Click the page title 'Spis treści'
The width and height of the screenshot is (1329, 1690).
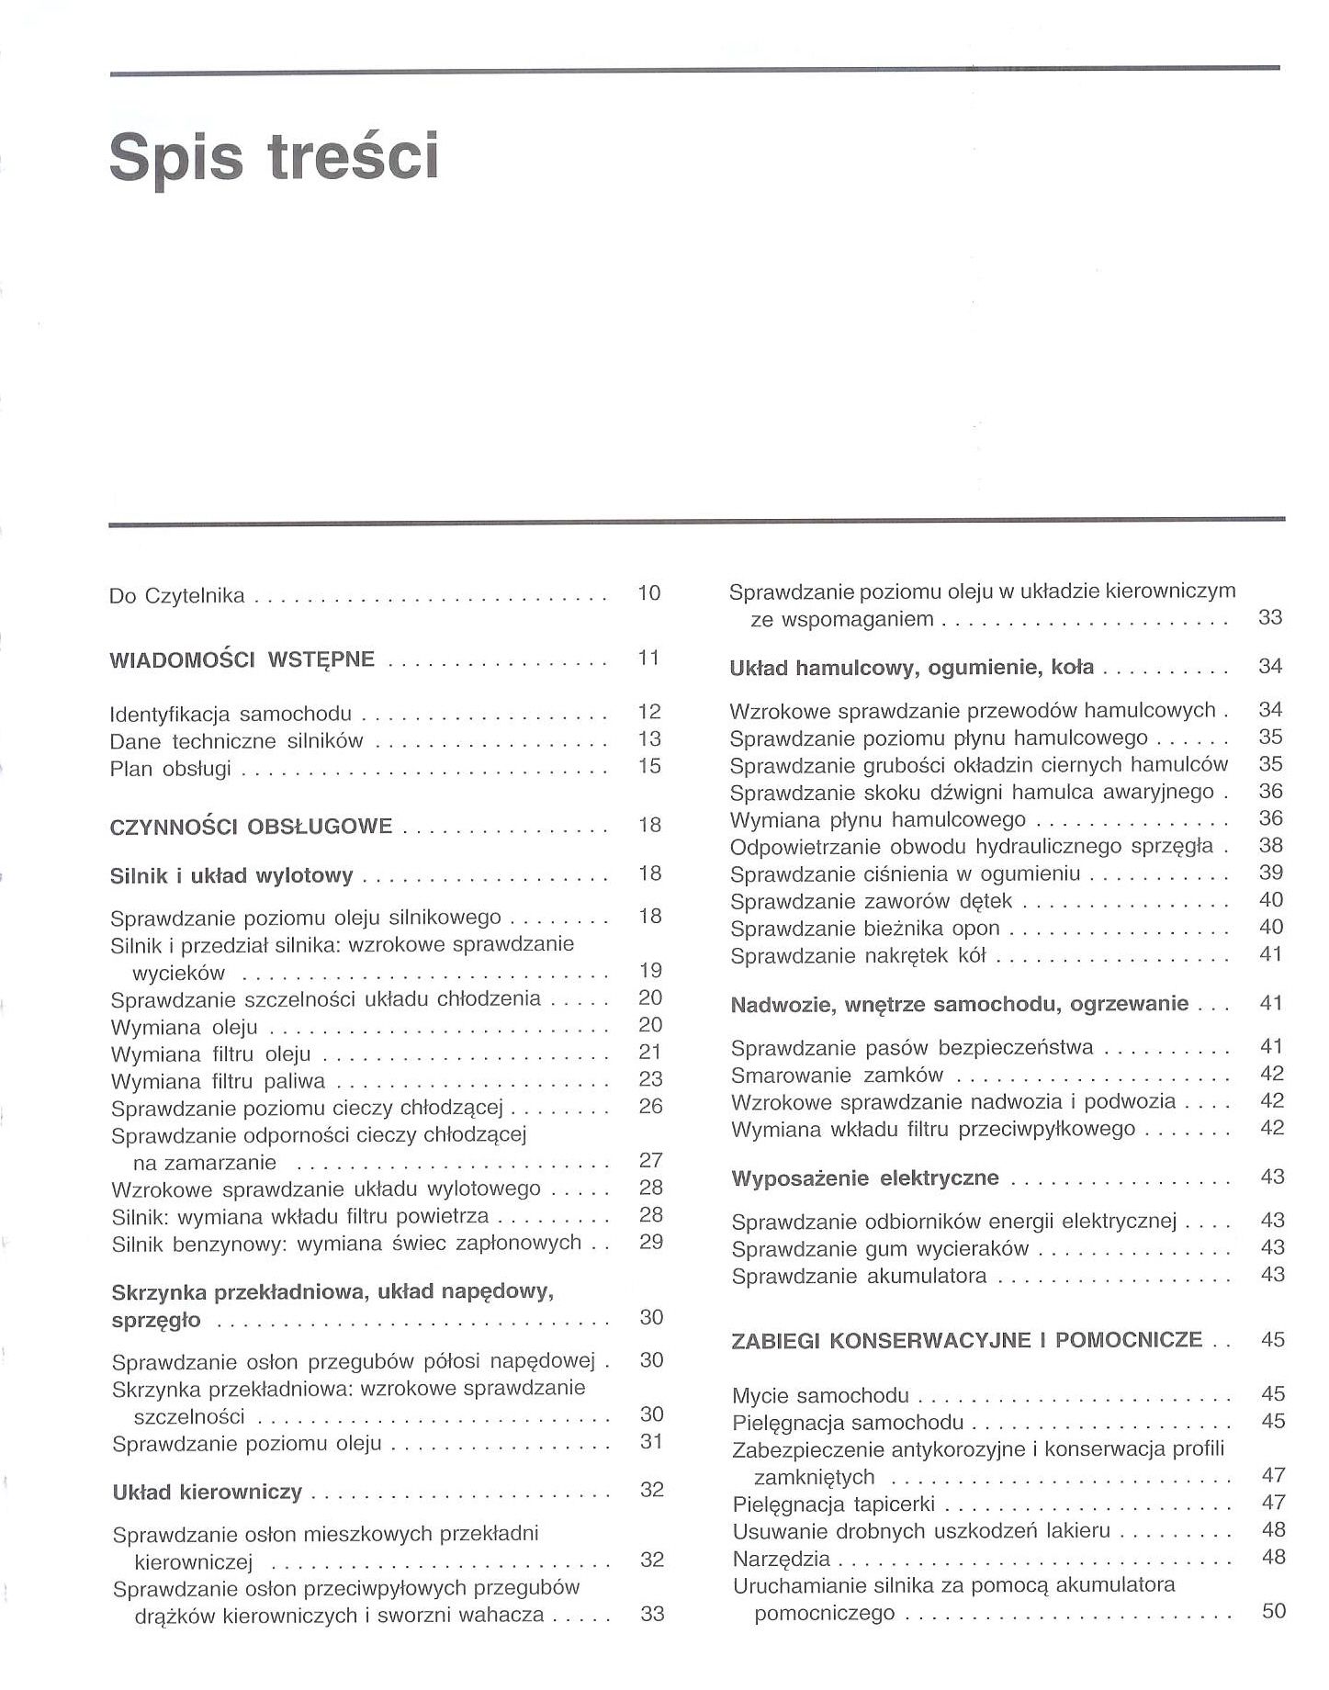coord(275,156)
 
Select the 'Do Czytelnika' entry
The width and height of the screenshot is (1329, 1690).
coord(177,595)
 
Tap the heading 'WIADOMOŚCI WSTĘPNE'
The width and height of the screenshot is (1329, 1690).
coord(242,659)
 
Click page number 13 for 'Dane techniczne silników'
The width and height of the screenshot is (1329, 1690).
coord(649,739)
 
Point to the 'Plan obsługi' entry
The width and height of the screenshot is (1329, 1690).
coord(170,769)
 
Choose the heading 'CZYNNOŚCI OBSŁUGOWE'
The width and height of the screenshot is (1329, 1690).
coord(251,827)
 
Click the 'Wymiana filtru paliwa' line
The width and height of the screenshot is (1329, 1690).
coord(218,1081)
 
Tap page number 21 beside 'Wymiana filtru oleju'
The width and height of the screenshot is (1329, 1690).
coord(650,1052)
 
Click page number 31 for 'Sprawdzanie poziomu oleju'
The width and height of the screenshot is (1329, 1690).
coord(651,1442)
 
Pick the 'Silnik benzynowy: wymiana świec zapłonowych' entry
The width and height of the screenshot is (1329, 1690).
coord(346,1244)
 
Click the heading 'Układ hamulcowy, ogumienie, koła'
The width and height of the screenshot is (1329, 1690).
coord(911,668)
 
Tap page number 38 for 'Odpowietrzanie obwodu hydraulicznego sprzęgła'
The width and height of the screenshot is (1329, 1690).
coord(1271,846)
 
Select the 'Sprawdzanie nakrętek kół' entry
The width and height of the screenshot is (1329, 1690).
coord(858,956)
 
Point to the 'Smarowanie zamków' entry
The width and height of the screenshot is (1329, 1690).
coord(838,1076)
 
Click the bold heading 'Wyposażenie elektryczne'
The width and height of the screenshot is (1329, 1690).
coord(865,1178)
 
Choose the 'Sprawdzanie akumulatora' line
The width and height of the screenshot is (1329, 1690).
coord(859,1276)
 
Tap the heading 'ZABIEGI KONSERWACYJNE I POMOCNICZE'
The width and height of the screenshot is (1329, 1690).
coord(967,1340)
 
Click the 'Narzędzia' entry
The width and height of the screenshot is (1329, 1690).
coord(781,1560)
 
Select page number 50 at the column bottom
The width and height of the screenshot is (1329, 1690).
coord(1274,1611)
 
